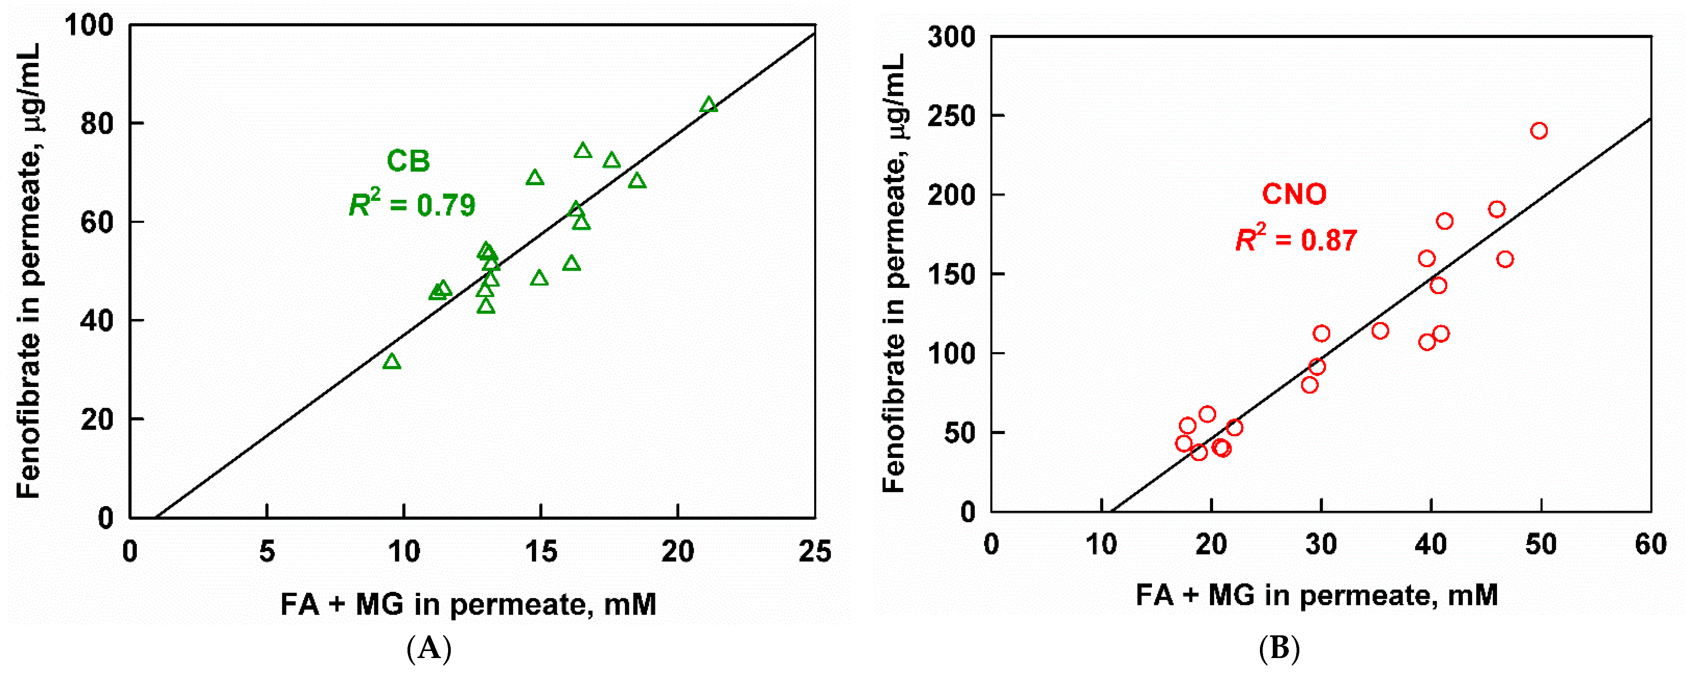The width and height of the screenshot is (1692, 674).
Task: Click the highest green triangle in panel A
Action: [x=708, y=105]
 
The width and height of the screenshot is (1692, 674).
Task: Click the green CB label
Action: [x=408, y=161]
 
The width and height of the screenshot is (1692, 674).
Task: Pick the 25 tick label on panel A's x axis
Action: [x=815, y=552]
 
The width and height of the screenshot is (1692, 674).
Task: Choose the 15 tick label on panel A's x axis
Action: [x=540, y=552]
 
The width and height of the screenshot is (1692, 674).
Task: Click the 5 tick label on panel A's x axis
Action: [x=267, y=552]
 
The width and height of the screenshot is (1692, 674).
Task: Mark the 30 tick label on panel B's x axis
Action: [x=1321, y=545]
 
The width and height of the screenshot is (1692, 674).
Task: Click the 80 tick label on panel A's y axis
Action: [x=97, y=124]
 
